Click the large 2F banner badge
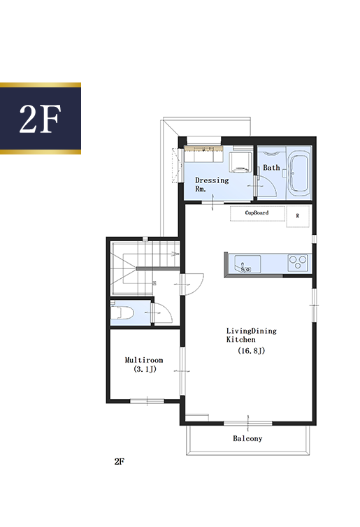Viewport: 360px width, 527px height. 41,118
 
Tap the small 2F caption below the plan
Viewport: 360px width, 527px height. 120,461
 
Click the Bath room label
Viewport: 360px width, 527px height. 271,167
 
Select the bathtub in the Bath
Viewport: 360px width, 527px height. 299,174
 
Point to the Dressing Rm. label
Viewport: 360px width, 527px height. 212,185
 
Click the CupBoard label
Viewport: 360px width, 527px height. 257,212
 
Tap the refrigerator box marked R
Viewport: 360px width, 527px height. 298,216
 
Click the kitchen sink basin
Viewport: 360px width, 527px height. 247,264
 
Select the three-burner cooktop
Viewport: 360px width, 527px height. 298,263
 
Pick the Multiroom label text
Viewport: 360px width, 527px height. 144,360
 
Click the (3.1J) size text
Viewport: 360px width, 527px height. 145,369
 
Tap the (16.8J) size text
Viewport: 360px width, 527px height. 252,351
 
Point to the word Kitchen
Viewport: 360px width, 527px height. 240,340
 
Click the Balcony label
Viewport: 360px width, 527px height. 247,438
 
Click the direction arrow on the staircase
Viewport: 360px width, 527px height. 175,254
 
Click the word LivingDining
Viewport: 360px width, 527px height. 252,331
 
